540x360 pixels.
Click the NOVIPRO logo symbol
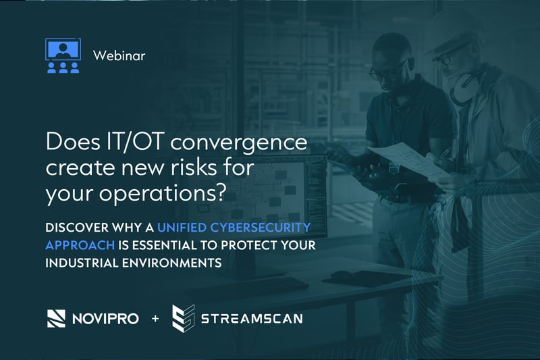pos(55,317)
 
